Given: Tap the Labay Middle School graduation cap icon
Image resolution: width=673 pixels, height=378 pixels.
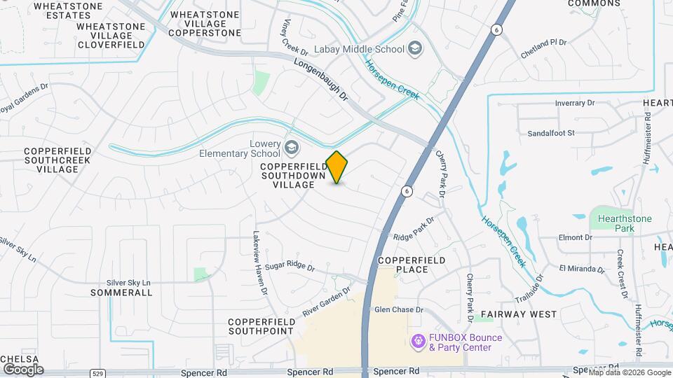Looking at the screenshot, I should pyautogui.click(x=416, y=49).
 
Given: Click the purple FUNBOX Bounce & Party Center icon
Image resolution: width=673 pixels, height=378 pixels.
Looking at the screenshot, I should pyautogui.click(x=418, y=341).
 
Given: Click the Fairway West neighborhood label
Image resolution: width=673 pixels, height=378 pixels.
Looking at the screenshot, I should pyautogui.click(x=519, y=314).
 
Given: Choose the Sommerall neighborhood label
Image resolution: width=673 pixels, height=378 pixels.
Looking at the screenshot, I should pyautogui.click(x=121, y=293).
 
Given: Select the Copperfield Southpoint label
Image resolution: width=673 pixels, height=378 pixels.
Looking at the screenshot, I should pyautogui.click(x=260, y=325).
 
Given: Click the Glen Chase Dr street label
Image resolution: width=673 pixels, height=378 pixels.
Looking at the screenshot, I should pyautogui.click(x=400, y=309).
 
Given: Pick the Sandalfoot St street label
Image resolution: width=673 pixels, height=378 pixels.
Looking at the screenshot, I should pyautogui.click(x=551, y=132).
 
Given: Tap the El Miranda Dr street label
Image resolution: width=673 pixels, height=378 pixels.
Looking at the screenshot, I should pyautogui.click(x=581, y=268).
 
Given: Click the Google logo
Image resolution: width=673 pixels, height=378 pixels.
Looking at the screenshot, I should pyautogui.click(x=22, y=370).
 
